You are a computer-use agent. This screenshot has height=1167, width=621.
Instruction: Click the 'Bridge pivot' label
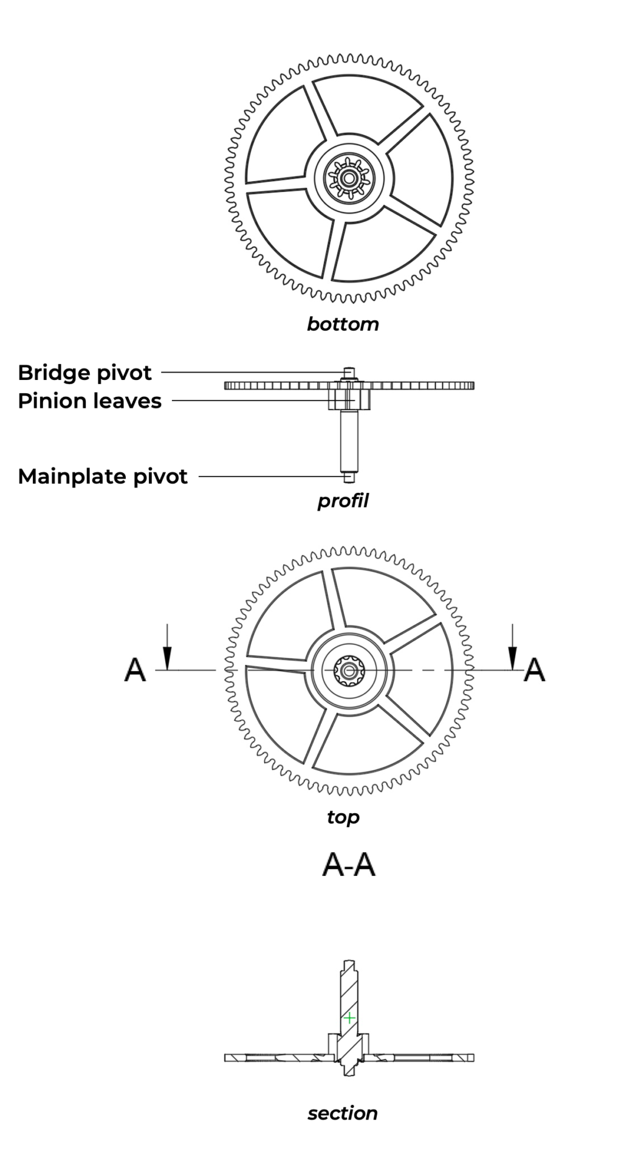[x=84, y=373]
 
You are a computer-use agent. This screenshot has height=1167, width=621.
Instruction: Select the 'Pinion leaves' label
[x=89, y=401]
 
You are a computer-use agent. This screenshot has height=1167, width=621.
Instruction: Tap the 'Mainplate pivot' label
[x=103, y=477]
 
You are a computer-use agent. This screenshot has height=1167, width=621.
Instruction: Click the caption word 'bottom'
[x=343, y=324]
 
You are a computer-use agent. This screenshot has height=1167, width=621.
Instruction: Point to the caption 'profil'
[x=343, y=501]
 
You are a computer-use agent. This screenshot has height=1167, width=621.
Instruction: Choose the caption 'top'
[x=343, y=817]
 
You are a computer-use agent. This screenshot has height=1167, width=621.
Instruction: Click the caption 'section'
[x=343, y=1113]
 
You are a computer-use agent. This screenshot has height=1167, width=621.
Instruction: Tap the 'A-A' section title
[x=349, y=864]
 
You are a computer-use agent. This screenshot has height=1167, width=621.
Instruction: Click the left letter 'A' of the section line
[x=135, y=670]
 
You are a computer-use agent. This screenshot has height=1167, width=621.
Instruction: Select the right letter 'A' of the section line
[x=534, y=670]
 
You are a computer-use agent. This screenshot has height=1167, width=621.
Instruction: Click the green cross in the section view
[x=349, y=1017]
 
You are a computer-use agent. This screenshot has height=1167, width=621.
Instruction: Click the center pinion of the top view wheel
[x=349, y=670]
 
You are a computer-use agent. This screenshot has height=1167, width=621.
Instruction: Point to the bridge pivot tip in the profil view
[x=348, y=371]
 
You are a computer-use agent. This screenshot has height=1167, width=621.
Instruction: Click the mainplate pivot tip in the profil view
[x=348, y=478]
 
